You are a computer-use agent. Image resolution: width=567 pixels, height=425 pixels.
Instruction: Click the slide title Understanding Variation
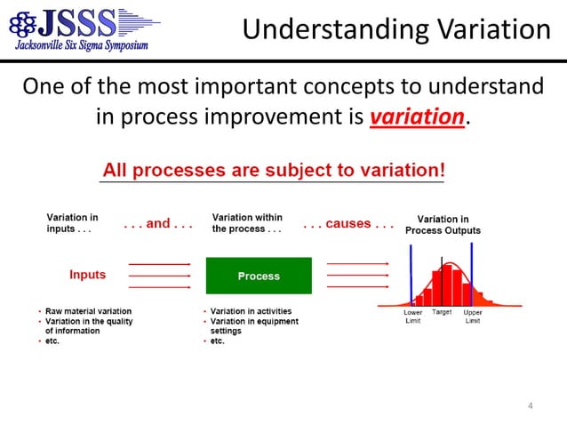pos(396,30)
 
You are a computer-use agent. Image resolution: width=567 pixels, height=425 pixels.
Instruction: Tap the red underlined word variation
pos(417,117)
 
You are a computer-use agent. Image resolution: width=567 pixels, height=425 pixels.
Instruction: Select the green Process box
pos(259,276)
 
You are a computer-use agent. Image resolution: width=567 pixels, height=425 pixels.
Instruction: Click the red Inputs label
pos(87,275)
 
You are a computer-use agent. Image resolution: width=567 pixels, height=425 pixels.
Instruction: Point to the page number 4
pos(531,407)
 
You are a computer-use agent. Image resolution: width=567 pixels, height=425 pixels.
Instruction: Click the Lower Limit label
pos(412,317)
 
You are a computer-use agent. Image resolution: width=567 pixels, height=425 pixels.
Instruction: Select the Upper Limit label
pos(473,317)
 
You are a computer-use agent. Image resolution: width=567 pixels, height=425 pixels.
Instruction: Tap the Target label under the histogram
pos(442,313)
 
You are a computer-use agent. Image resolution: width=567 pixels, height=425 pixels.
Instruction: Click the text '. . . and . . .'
pos(158,224)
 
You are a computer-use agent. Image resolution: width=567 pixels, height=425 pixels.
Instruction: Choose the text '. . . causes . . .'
pos(347,224)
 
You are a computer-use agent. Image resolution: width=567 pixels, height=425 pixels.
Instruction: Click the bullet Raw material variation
pos(88,311)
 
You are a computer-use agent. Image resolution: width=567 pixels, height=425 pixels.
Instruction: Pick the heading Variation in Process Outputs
pos(443,224)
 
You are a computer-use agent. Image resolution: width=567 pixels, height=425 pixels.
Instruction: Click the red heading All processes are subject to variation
pos(274,169)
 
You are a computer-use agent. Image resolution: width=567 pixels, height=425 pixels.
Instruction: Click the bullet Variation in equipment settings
pos(254,325)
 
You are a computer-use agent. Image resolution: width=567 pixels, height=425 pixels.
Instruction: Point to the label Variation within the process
pos(247,223)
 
